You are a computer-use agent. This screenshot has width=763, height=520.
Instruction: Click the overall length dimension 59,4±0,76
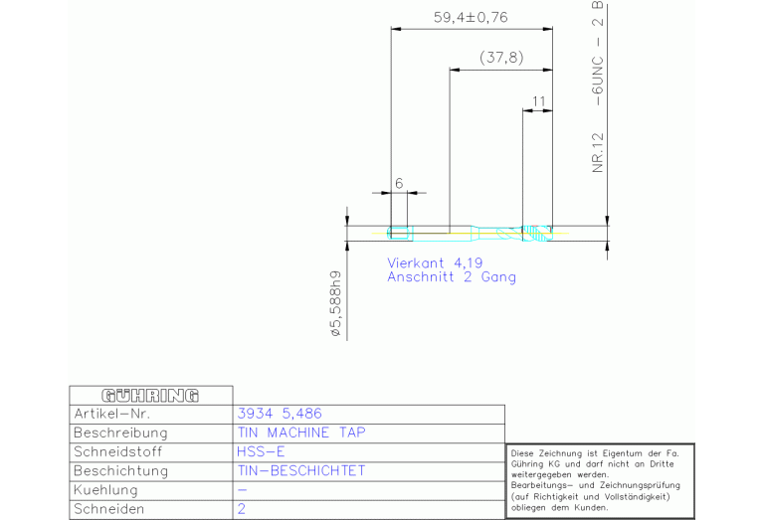[471, 16]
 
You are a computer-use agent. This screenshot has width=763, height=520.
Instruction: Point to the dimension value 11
[538, 100]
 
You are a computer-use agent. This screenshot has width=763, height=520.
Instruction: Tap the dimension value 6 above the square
[398, 183]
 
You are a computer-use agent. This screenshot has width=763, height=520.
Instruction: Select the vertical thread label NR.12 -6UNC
[598, 89]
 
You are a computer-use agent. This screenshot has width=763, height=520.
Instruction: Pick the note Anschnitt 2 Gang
[452, 277]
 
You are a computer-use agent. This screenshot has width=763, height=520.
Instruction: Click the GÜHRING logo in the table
[150, 396]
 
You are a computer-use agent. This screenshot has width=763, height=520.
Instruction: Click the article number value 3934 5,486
[280, 414]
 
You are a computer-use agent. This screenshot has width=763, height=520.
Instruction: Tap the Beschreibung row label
[120, 433]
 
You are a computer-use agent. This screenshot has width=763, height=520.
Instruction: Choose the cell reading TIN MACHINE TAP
[301, 433]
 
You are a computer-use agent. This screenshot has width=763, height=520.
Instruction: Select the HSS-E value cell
[261, 451]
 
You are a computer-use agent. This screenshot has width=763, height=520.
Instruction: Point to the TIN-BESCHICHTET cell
[301, 470]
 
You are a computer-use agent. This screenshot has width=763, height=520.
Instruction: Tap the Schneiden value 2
[242, 508]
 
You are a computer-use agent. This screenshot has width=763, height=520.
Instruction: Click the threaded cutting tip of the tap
[537, 234]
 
